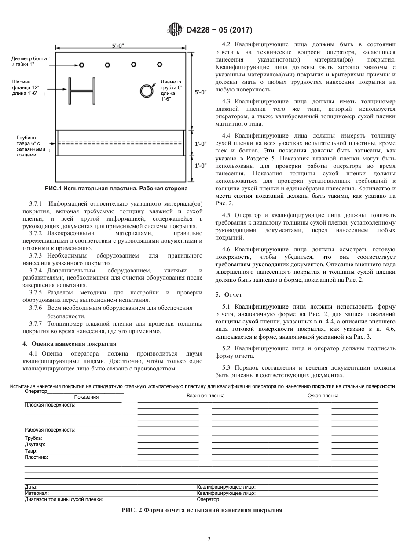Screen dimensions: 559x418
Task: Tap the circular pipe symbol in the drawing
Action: click(146, 90)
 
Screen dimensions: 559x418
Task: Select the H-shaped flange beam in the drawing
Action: click(82, 91)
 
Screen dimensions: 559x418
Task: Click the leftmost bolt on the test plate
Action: click(82, 65)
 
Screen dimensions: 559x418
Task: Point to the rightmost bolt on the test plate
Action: click(159, 65)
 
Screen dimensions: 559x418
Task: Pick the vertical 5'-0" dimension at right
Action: click(200, 92)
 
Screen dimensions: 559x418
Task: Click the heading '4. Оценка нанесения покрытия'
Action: click(70, 344)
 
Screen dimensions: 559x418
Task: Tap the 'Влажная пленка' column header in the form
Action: click(205, 396)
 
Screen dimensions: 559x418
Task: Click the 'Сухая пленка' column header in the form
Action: click(323, 396)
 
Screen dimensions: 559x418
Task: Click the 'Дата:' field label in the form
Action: click(31, 487)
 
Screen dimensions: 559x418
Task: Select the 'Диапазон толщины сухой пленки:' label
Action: click(64, 499)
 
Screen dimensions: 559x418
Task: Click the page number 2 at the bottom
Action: click(209, 540)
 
